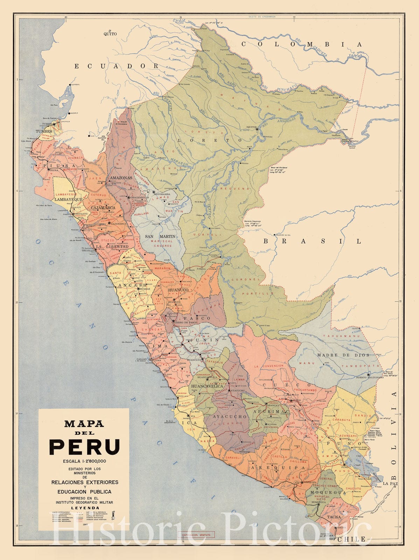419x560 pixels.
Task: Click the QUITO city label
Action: point(110,34)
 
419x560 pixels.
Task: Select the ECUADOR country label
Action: point(117,66)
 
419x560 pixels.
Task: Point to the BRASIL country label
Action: point(312,241)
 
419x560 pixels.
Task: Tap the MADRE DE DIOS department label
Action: point(343,355)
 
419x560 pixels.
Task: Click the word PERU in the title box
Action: point(84,447)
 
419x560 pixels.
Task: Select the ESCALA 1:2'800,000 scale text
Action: point(84,461)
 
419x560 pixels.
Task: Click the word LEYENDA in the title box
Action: point(85,507)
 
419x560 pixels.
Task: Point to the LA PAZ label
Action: point(390,483)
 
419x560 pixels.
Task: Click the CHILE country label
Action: point(354,539)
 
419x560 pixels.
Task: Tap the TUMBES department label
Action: point(44,131)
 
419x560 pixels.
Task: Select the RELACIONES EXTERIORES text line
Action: point(85,482)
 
